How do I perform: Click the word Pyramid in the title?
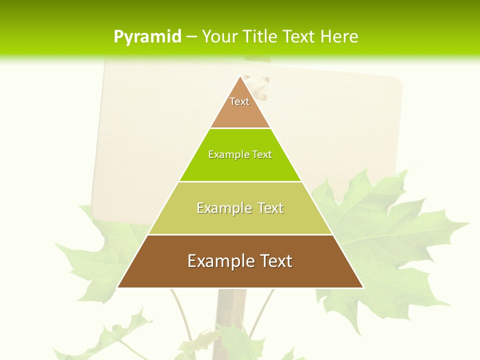147,37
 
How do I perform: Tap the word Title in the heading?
260,36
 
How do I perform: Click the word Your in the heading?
219,36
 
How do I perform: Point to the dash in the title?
191,37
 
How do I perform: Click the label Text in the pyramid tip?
239,101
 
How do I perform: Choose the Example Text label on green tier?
240,154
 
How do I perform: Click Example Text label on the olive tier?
240,208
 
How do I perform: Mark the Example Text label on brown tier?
240,261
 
